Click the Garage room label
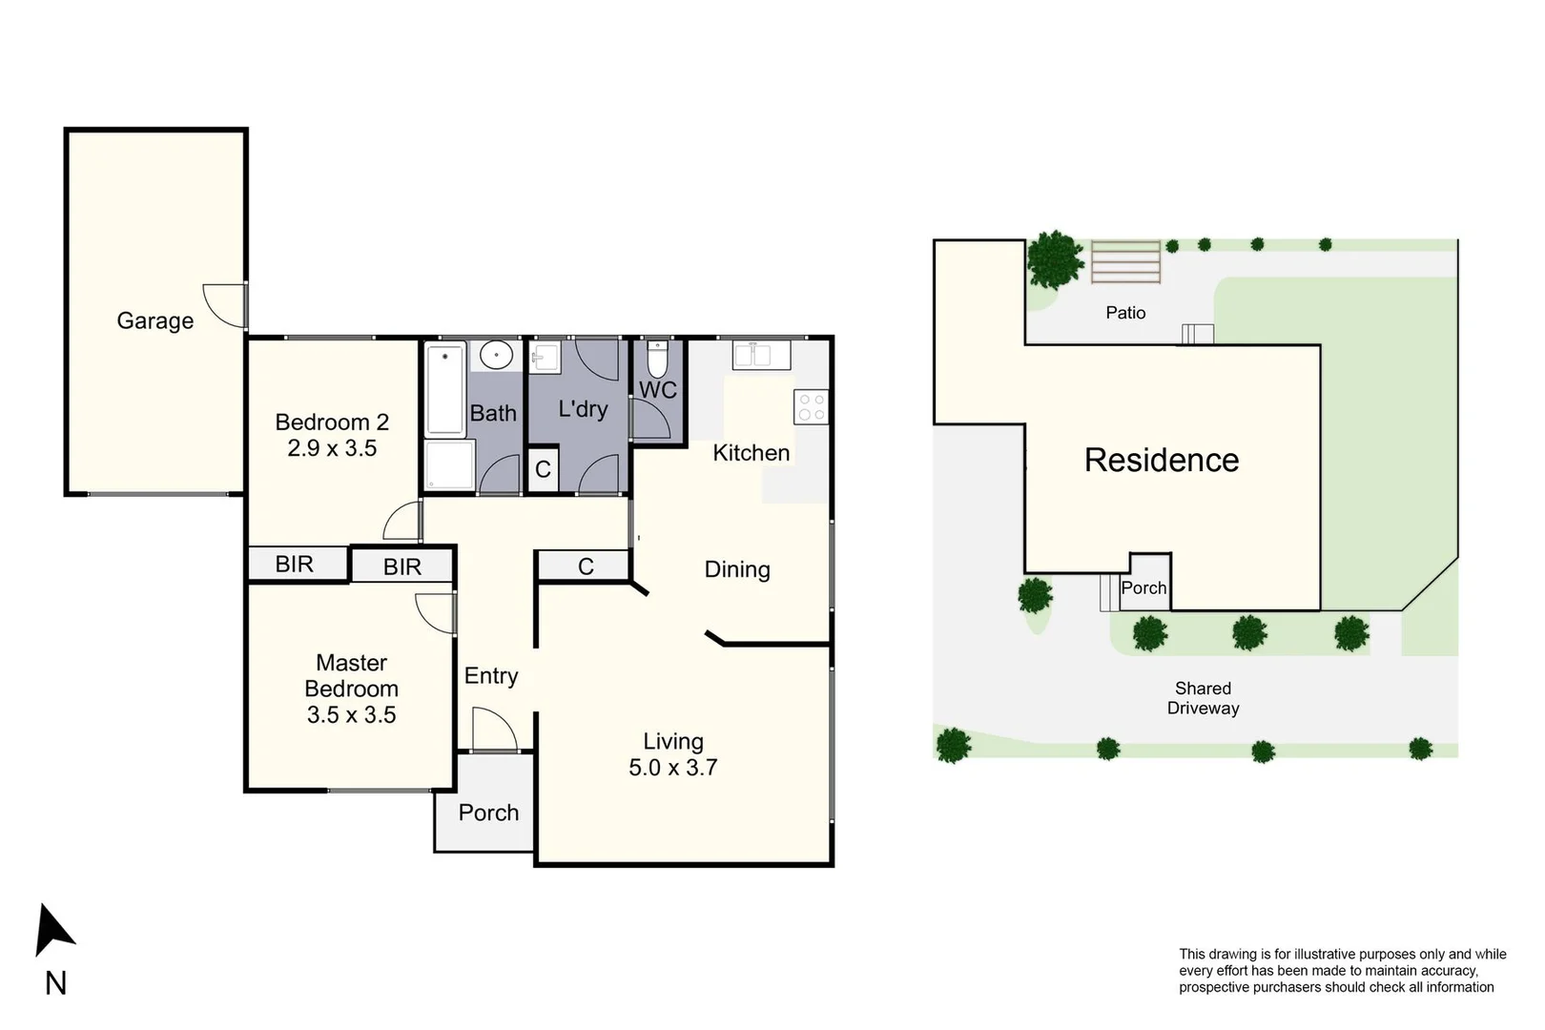[x=154, y=320]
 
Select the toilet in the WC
[x=657, y=360]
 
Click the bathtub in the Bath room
[x=445, y=390]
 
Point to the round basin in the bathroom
[x=496, y=356]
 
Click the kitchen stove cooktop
[x=811, y=407]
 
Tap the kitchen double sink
[x=760, y=355]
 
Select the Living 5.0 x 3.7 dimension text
[x=672, y=768]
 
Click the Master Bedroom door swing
[x=435, y=612]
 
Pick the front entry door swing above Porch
[x=493, y=729]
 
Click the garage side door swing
[x=226, y=305]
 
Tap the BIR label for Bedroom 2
[x=294, y=564]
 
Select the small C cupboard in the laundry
[x=543, y=469]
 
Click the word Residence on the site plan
[x=1161, y=460]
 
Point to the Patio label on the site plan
[x=1125, y=313]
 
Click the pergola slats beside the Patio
[x=1125, y=261]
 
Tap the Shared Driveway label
[x=1203, y=698]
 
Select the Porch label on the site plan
[x=1143, y=588]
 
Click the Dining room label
[x=736, y=569]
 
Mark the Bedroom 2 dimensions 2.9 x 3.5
[x=332, y=448]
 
